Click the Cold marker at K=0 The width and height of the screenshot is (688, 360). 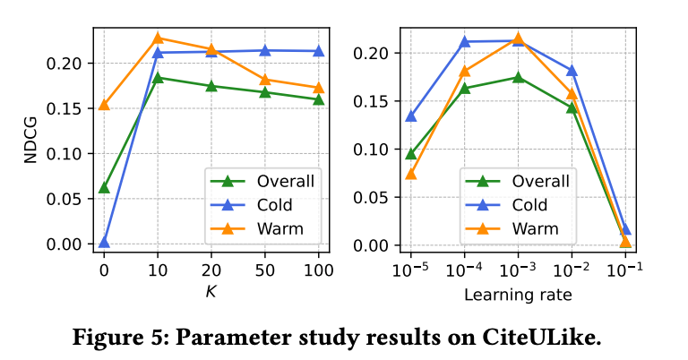(x=104, y=242)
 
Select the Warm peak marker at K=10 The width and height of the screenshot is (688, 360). (x=158, y=39)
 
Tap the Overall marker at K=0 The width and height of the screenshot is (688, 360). (x=104, y=187)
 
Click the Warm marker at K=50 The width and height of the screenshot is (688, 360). (x=266, y=80)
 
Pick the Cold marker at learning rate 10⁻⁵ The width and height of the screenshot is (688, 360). (x=411, y=116)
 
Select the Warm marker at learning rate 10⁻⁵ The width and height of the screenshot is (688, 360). (x=411, y=173)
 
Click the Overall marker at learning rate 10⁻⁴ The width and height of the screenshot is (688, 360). (x=465, y=88)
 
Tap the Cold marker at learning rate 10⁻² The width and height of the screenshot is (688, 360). (x=572, y=71)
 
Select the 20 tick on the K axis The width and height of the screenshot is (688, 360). (x=212, y=270)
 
